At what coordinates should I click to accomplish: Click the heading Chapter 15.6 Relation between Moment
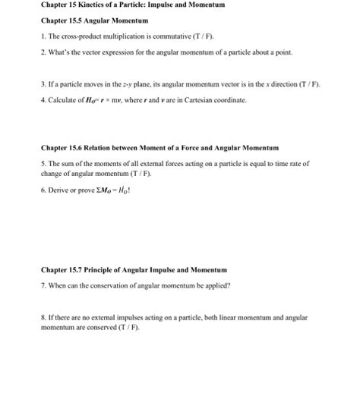tap(160, 146)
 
